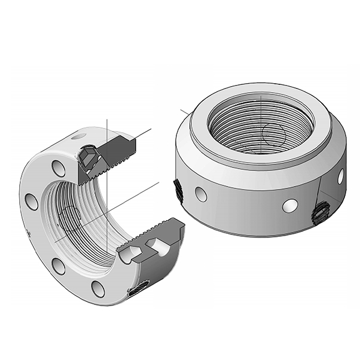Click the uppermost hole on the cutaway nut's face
(59, 168)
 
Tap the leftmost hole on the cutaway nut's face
(32, 202)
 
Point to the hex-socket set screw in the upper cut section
(88, 157)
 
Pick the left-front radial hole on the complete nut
(201, 194)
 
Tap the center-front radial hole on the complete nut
(291, 205)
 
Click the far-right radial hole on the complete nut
(340, 176)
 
